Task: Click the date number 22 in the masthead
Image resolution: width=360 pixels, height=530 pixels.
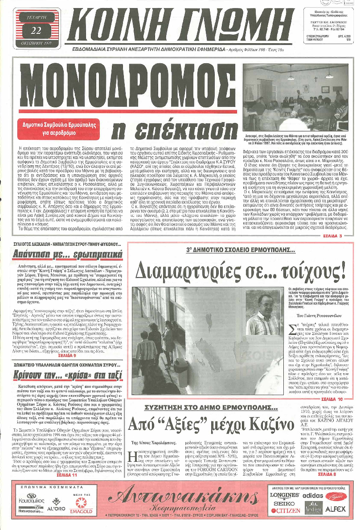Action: click(37, 30)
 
